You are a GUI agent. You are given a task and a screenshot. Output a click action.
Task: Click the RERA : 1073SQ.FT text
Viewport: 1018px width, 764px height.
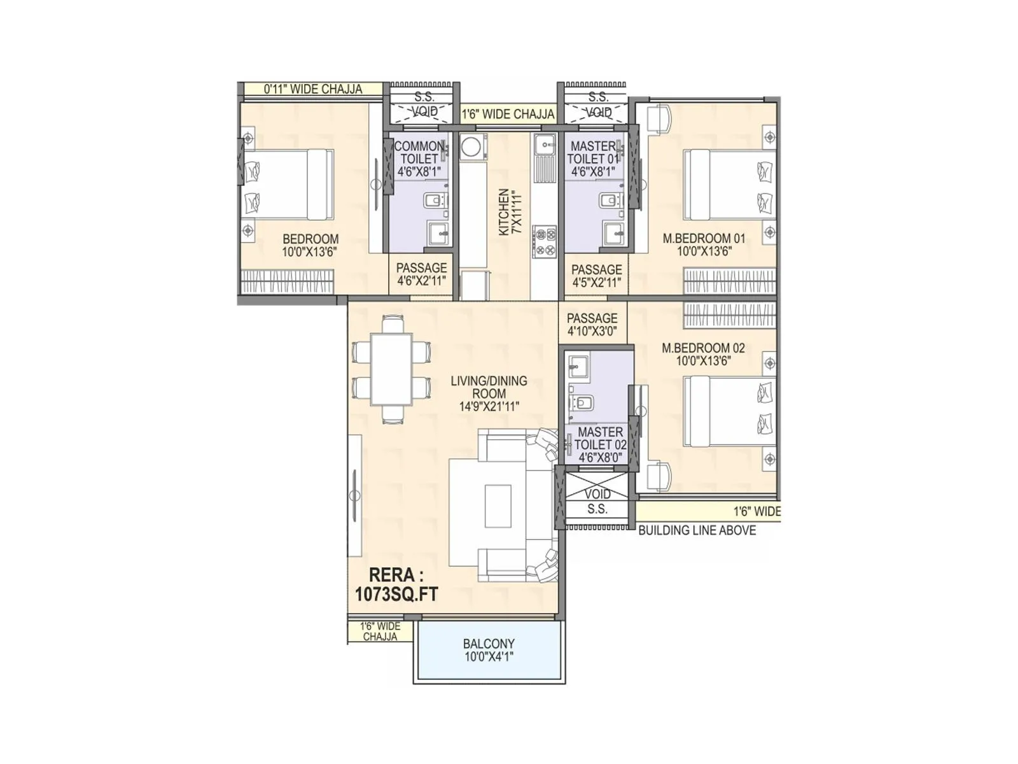coord(396,584)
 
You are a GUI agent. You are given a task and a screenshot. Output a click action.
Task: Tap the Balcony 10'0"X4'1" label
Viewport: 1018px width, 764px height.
coord(489,650)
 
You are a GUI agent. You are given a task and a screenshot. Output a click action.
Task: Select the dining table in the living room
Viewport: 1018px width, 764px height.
coord(392,369)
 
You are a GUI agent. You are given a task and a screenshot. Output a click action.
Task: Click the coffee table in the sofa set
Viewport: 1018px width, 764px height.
coord(498,506)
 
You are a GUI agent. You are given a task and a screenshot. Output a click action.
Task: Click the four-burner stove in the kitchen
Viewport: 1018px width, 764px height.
coord(545,243)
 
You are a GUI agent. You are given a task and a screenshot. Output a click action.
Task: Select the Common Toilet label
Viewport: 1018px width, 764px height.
coord(419,159)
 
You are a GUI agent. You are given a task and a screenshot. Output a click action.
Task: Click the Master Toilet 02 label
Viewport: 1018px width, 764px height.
coord(600,444)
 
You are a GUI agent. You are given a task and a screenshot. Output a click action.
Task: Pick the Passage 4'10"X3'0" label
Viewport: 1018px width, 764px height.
coord(592,324)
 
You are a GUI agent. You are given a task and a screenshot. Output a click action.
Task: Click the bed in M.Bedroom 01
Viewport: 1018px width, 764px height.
coord(729,184)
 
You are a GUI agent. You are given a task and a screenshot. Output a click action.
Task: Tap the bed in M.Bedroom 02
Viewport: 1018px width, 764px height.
coord(729,411)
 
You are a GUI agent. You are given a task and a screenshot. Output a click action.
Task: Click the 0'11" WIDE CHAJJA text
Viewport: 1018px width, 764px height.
coord(313,89)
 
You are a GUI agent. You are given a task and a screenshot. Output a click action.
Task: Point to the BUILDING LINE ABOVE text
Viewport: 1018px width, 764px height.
coord(697,530)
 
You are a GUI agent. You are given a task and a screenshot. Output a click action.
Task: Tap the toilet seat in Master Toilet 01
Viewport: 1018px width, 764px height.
coord(610,201)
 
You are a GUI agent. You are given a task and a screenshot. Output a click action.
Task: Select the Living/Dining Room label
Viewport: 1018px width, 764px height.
coord(489,393)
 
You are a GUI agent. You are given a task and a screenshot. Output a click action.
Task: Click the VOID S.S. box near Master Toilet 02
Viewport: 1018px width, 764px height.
coord(597,501)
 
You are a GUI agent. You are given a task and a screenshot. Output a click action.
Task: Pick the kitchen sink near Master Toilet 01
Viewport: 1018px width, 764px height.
coord(545,145)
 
